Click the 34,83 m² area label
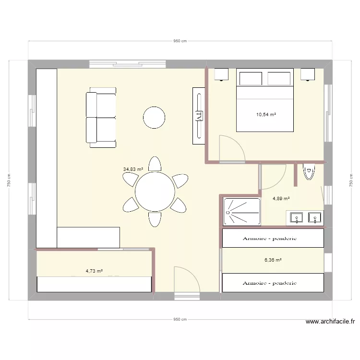tap(133, 169)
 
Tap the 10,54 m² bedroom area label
tap(266, 114)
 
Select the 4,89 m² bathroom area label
tap(281, 198)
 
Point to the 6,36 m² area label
tap(273, 260)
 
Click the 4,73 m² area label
tap(94, 271)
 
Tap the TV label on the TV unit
tap(199, 116)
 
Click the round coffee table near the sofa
tap(154, 118)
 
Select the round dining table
tap(155, 192)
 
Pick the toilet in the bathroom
tap(309, 172)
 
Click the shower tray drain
tap(228, 212)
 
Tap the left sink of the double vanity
tap(297, 217)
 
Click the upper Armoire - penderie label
tap(270, 238)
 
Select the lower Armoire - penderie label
tap(270, 283)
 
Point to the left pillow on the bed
tap(251, 79)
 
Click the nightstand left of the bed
tap(221, 74)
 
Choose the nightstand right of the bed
tap(308, 74)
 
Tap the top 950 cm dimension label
tap(180, 41)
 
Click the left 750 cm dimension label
tap(9, 180)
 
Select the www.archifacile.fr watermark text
tap(330, 322)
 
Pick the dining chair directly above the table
tap(155, 164)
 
